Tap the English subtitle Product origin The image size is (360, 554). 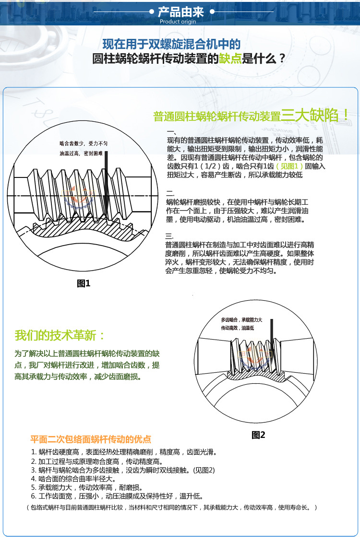pyautogui.click(x=177, y=22)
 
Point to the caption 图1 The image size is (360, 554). pyautogui.click(x=84, y=283)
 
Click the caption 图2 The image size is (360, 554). pyautogui.click(x=258, y=435)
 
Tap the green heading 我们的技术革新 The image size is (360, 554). pyautogui.click(x=60, y=335)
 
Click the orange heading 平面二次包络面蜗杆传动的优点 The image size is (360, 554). pyautogui.click(x=91, y=439)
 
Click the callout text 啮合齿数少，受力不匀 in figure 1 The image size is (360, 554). pyautogui.click(x=84, y=143)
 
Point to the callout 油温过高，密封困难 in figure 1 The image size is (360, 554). pyautogui.click(x=81, y=153)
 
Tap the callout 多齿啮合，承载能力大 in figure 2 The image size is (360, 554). pyautogui.click(x=241, y=319)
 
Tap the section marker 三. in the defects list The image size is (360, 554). pyautogui.click(x=169, y=236)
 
